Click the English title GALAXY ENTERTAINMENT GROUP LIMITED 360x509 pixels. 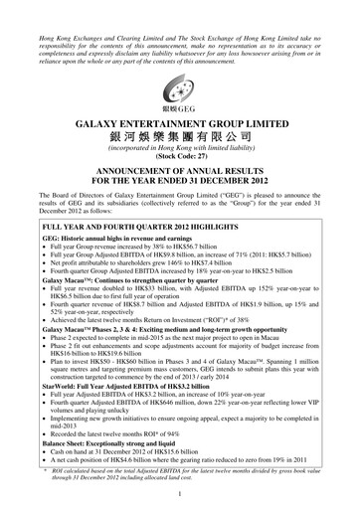[180, 118]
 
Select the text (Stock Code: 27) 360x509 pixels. [180, 157]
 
